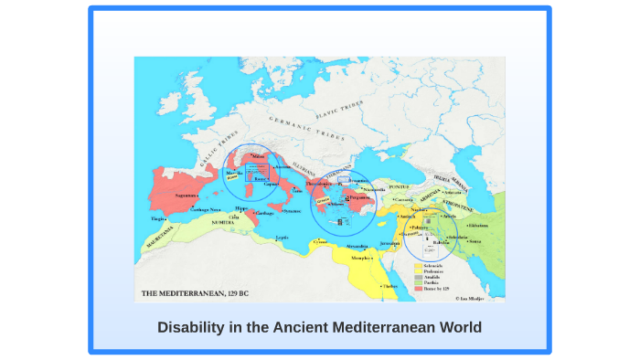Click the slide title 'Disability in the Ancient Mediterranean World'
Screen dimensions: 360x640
tap(319, 327)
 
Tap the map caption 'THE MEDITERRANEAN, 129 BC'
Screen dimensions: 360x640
tap(194, 294)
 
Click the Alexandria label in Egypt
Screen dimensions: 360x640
tap(357, 246)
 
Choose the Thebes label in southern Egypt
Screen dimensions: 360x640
tap(389, 286)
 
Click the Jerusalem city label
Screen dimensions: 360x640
tap(391, 243)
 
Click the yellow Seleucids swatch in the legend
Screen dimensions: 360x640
tap(418, 266)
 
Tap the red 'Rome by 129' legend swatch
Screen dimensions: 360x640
tap(418, 288)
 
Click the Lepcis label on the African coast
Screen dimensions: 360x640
tap(283, 238)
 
